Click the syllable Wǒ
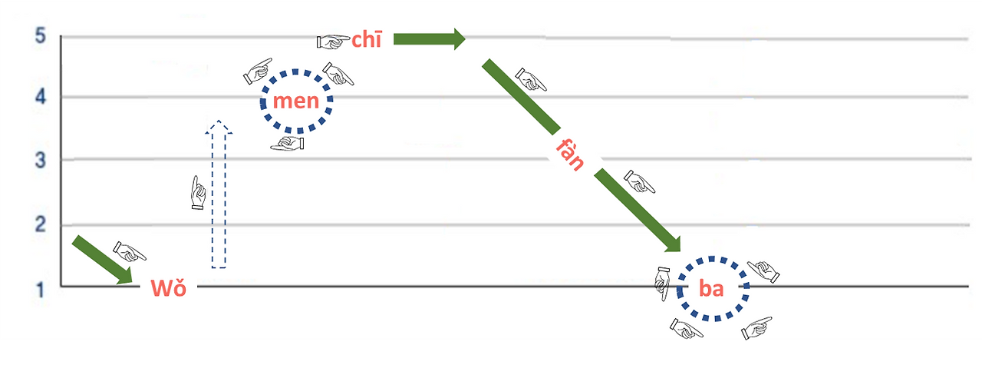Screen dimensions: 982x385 (168, 288)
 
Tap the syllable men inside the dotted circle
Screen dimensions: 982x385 (295, 101)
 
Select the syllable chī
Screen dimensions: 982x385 (366, 40)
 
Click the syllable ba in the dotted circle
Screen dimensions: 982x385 (711, 290)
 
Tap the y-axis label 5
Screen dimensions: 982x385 (41, 36)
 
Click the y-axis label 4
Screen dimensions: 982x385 (41, 97)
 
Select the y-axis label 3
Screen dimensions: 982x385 (41, 160)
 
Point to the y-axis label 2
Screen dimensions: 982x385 (41, 225)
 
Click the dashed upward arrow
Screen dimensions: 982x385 (219, 196)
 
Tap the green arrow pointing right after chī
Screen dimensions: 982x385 (429, 38)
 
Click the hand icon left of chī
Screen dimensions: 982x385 (333, 40)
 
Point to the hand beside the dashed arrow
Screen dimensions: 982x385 (198, 193)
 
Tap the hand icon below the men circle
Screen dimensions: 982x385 (288, 143)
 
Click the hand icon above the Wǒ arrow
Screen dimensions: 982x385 (130, 251)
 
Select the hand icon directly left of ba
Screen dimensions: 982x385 (662, 284)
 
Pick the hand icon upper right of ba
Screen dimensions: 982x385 (763, 270)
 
